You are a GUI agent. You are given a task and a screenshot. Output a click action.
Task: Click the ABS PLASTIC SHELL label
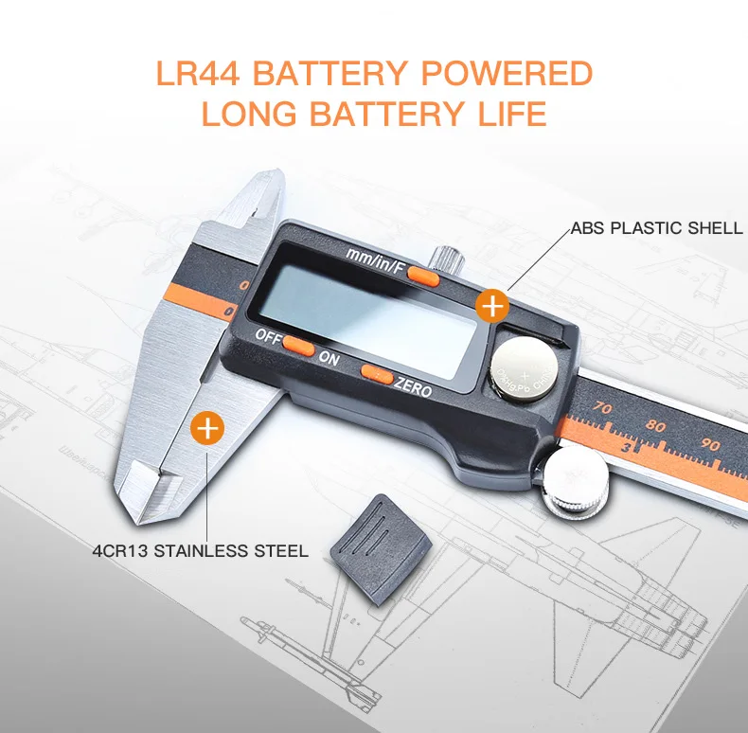[655, 228]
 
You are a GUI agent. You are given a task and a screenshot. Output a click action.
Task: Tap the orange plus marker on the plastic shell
[491, 306]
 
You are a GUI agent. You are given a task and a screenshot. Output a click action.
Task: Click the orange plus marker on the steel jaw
[207, 428]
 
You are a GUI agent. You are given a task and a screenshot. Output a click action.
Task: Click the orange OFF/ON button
[299, 347]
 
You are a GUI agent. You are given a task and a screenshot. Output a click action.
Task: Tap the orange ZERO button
[376, 376]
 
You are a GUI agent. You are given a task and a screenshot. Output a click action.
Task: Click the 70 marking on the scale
[602, 408]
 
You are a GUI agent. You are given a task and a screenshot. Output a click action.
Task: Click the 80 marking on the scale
[655, 427]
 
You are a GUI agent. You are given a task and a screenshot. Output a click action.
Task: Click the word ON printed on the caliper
[329, 359]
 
